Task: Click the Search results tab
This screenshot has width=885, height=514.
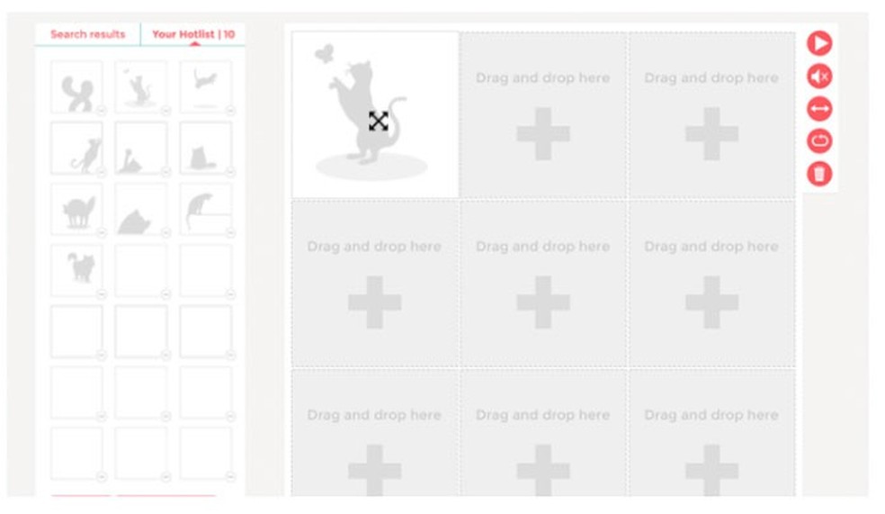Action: [87, 34]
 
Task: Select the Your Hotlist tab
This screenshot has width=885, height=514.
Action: [193, 34]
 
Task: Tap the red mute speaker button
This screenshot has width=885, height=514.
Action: [819, 76]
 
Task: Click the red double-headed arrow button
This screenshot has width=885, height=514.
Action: [819, 108]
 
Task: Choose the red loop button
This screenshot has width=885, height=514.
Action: [819, 140]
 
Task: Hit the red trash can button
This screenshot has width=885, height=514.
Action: [819, 174]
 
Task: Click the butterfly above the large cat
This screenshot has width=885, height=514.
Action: [324, 53]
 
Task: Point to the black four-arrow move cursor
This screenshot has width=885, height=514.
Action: [378, 121]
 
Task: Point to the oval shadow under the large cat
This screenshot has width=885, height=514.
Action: [371, 167]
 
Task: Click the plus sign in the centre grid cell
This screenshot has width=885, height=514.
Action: [543, 302]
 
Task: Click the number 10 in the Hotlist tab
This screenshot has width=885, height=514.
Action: [229, 34]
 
